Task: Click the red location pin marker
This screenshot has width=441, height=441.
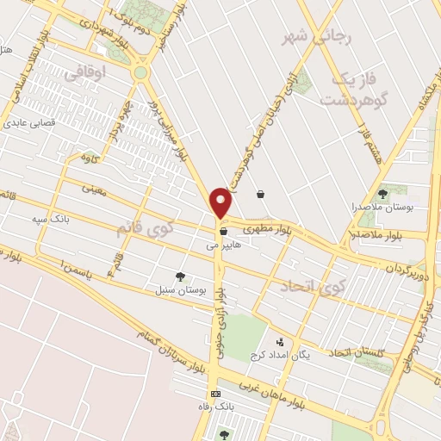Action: [x=221, y=202]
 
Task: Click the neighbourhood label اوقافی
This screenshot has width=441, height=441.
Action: [x=85, y=74]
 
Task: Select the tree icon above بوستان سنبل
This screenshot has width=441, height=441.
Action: [x=180, y=276]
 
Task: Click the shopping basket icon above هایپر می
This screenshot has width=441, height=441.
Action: [x=223, y=231]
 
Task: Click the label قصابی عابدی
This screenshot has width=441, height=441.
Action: [x=31, y=123]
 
